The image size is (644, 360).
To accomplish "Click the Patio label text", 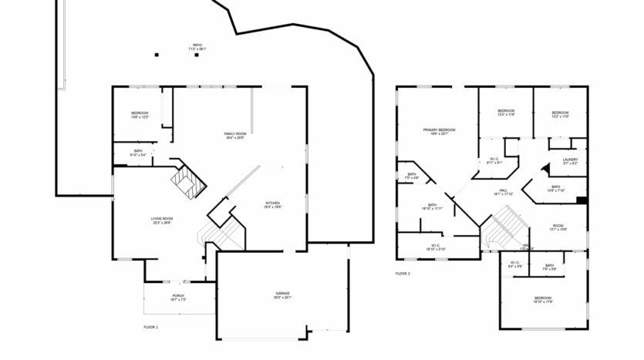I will point(197,47).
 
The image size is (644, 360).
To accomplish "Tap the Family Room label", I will point(235,136).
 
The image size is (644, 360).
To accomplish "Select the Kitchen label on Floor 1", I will point(273,204).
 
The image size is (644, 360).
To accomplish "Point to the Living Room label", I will point(162,220).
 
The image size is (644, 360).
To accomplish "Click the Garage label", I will point(283,295).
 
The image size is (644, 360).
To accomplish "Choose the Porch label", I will point(178,298).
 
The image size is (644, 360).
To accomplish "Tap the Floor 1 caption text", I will point(150,328).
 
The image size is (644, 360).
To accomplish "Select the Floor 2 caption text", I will point(403,274).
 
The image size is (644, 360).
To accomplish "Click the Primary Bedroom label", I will point(439,131).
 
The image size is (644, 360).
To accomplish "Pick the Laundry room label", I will point(570,162).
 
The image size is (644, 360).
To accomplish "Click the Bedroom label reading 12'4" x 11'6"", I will point(506,113).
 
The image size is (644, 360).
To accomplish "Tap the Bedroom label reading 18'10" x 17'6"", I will point(543,299).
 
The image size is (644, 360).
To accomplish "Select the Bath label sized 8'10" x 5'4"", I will point(138,153).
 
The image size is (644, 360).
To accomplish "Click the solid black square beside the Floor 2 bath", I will point(582,200).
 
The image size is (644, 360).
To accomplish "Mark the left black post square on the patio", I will point(157,55).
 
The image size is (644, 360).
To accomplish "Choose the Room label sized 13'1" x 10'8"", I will point(558,227).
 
